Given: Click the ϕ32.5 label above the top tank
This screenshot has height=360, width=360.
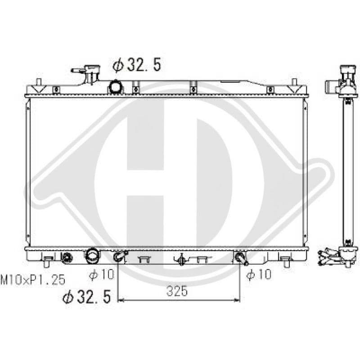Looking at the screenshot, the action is tap(137, 65).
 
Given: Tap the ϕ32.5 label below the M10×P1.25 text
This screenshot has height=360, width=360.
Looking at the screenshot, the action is tap(86, 297).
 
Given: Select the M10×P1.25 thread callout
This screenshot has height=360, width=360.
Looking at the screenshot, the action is tap(33, 280).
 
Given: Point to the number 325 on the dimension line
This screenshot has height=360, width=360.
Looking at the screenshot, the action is tap(177, 291).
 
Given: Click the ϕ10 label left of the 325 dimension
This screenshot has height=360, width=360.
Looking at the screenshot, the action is tap(101, 274).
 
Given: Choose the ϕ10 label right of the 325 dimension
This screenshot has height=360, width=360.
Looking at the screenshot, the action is tap(259, 274).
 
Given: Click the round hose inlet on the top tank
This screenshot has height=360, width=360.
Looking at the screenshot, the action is tap(116, 86).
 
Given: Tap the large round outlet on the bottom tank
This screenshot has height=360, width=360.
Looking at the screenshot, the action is tap(92, 256).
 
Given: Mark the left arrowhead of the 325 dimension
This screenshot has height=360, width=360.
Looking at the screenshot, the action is tap(120, 300).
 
